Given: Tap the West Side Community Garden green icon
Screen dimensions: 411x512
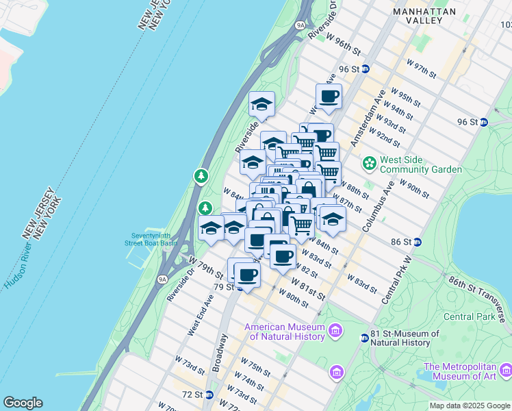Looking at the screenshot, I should coord(370,163).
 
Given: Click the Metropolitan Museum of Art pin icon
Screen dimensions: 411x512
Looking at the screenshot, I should coord(506,371).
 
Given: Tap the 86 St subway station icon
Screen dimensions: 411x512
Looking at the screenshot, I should coord(417,242).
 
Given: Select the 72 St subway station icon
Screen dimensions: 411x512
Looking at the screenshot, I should coord(209,395).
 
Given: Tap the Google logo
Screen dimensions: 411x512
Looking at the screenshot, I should coord(23,403).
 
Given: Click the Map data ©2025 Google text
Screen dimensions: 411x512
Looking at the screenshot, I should coord(470,406).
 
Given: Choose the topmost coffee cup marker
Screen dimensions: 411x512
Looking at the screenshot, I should coord(329,97).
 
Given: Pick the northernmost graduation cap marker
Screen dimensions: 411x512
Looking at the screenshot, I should coord(261,104).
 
